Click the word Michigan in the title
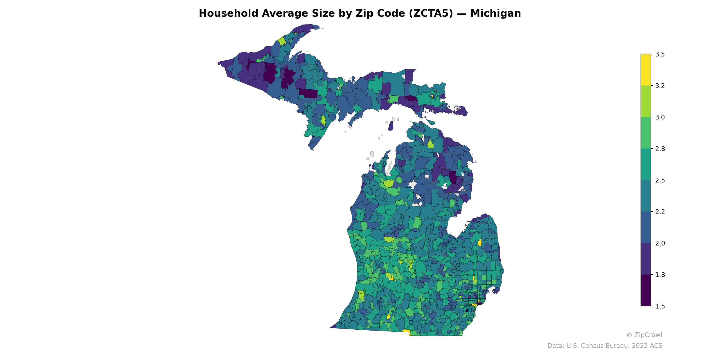coord(495,13)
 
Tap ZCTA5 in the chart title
coord(431,13)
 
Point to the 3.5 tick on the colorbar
coord(660,54)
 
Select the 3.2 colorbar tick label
coord(660,86)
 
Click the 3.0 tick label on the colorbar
coord(660,117)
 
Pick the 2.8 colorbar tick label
coord(660,149)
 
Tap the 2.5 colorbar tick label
coord(660,180)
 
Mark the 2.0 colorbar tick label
coord(660,243)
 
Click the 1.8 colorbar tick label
coord(660,275)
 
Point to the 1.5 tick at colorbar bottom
coord(660,306)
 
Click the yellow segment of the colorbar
coord(646,70)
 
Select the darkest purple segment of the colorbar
coord(646,291)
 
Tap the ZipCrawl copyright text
coord(644,335)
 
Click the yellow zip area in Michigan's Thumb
coord(480,243)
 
